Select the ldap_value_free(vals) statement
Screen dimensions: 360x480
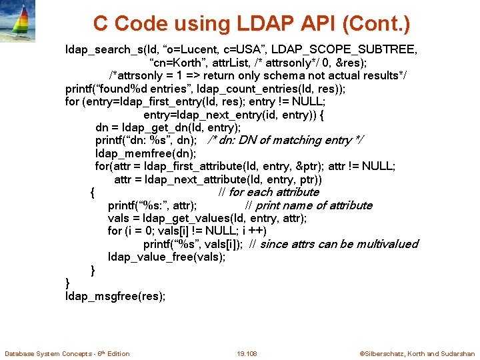tap(167, 257)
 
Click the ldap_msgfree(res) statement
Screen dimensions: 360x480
tap(115, 296)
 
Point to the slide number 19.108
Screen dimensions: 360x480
tap(247, 353)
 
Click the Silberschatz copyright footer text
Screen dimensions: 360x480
tap(417, 353)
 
